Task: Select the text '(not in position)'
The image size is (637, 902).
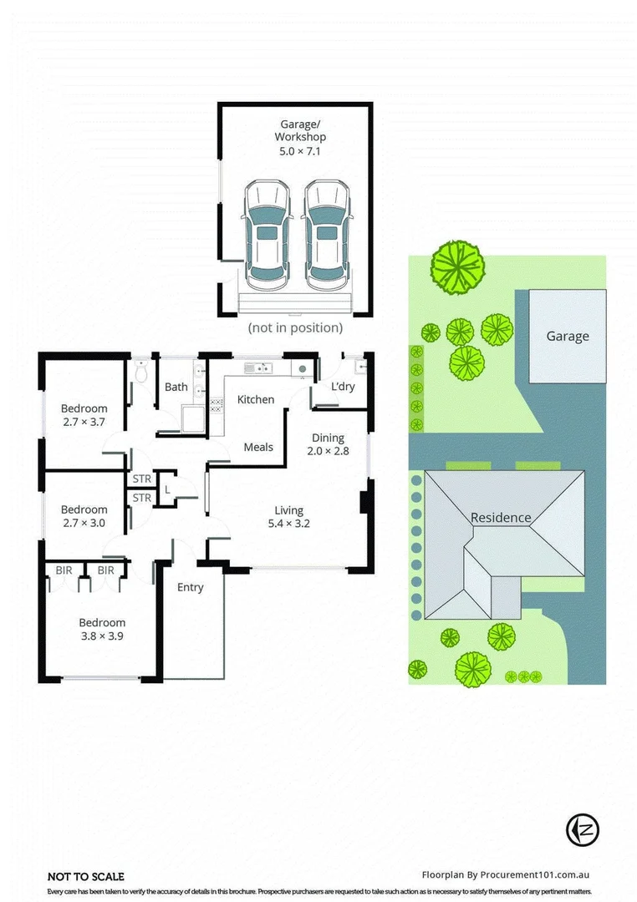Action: (x=295, y=328)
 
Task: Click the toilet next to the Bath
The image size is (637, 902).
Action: (x=141, y=372)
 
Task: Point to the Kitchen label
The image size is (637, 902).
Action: (x=256, y=399)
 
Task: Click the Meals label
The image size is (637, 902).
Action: (x=258, y=447)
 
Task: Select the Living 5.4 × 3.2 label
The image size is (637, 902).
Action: (x=289, y=517)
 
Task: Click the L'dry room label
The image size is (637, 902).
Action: (x=343, y=387)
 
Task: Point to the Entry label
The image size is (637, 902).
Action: (x=191, y=587)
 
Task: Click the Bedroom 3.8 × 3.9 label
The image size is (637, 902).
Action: (x=102, y=629)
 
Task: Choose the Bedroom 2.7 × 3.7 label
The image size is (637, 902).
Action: (x=84, y=415)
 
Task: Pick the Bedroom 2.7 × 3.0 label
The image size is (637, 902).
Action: (x=84, y=516)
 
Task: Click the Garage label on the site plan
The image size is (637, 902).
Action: (x=568, y=337)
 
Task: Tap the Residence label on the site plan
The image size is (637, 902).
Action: (x=501, y=517)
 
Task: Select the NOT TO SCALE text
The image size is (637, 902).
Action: (x=85, y=876)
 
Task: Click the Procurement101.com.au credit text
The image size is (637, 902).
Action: (x=507, y=875)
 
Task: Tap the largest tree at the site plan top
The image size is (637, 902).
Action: (x=457, y=265)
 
